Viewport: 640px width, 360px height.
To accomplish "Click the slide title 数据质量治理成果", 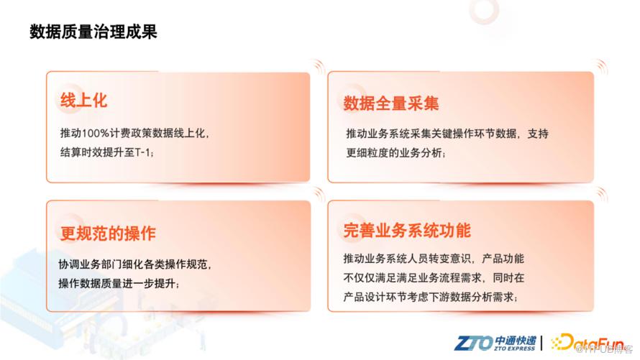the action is coord(93,32).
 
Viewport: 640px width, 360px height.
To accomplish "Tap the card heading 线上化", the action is coord(83,100).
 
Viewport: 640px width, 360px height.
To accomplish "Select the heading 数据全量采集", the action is coord(391,103).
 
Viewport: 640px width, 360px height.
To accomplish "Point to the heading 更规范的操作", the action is coord(108,234).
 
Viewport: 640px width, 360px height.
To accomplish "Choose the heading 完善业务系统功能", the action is coord(407,231).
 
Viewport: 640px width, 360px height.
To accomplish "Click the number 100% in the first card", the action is coord(96,134).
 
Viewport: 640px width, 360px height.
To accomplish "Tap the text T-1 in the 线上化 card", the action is coord(142,152).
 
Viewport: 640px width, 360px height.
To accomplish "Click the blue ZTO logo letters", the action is coord(473,343).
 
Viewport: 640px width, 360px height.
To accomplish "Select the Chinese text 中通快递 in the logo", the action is coord(515,341).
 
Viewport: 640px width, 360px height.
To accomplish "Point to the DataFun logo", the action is coord(588,343).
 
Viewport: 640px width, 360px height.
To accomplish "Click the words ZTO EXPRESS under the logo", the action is coord(514,349).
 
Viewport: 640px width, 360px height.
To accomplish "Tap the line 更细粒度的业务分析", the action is coord(396,153).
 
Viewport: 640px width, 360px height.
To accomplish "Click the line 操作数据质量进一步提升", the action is coord(119,283).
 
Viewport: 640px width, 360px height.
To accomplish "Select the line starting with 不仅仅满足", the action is coord(434,278).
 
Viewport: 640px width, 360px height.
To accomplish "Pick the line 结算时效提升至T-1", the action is coord(107,152).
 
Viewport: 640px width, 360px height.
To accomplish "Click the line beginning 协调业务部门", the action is coord(135,264).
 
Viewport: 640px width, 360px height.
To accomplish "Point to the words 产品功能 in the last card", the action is coord(503,259).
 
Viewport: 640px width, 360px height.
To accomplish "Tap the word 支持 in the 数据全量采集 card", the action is coord(538,134).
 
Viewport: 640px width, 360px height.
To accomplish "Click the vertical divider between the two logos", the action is coord(542,343).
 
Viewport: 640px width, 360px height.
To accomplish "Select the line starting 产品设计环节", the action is coord(431,297).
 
